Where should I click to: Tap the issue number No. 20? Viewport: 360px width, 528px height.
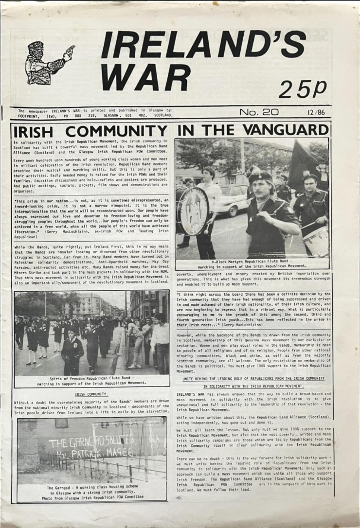258,112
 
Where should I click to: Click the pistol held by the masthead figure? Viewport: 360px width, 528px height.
70,50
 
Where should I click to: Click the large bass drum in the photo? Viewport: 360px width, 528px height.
194,210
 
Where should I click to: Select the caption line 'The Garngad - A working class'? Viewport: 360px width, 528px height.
91,487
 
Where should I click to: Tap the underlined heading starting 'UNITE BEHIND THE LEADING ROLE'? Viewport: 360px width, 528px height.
253,379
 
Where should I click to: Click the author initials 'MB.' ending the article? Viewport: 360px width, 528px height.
180,498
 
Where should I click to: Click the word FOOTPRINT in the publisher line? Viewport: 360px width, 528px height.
30,116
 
